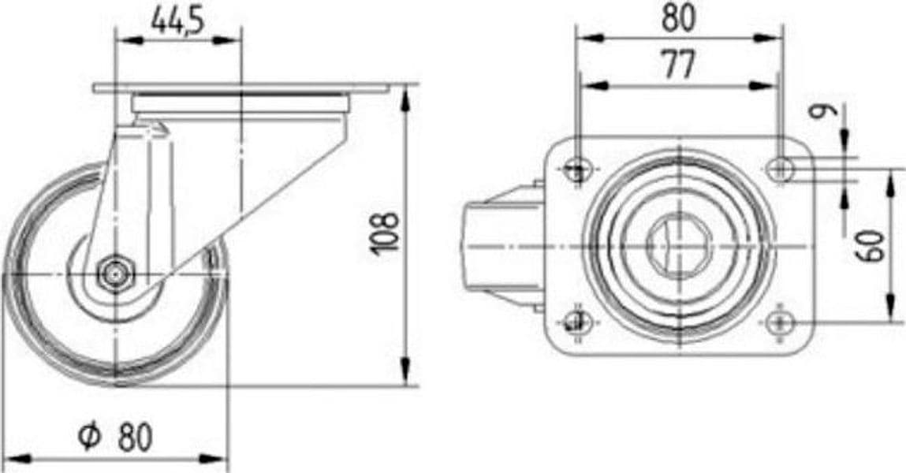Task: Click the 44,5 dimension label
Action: [x=177, y=22]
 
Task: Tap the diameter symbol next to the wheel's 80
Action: [x=90, y=436]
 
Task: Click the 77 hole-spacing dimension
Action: [x=679, y=64]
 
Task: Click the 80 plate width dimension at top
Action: [x=679, y=17]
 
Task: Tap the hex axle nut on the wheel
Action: [x=115, y=274]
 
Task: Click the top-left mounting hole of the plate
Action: [x=578, y=169]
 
